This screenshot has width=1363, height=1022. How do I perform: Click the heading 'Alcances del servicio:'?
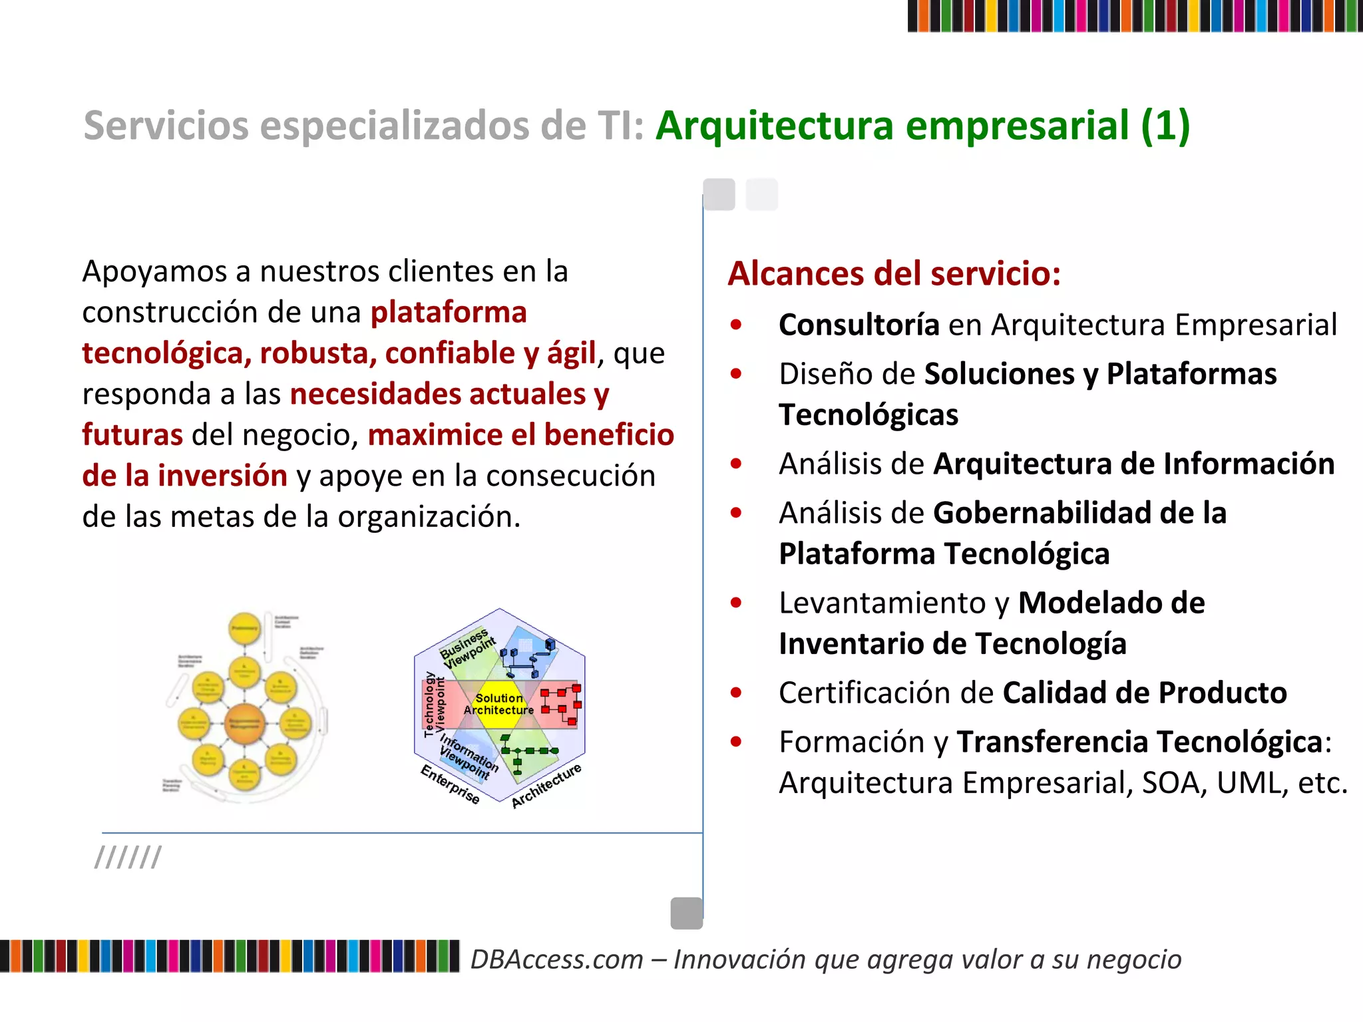[x=894, y=273]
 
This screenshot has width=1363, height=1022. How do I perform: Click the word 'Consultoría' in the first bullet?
[x=859, y=325]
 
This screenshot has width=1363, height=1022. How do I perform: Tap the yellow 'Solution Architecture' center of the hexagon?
[x=499, y=704]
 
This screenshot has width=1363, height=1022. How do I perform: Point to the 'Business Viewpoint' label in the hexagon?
[x=468, y=648]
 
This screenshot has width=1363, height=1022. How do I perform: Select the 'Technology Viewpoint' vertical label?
[x=434, y=705]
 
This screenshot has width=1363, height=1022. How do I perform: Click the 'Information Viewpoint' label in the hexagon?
[x=468, y=757]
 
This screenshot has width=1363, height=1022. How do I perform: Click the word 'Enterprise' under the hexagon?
[x=450, y=784]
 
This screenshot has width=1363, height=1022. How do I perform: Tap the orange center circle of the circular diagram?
[x=244, y=723]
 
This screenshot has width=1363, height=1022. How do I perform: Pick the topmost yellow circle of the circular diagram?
[x=244, y=628]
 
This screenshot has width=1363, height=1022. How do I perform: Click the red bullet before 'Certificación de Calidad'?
[x=735, y=693]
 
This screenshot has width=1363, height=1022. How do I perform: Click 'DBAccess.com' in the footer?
[x=557, y=959]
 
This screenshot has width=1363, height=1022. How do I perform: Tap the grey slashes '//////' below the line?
[x=128, y=857]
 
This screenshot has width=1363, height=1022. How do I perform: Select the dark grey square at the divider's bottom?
[x=687, y=913]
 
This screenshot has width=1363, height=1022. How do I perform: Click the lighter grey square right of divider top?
[x=761, y=194]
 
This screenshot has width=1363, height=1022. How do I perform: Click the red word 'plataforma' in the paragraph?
[x=449, y=312]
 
